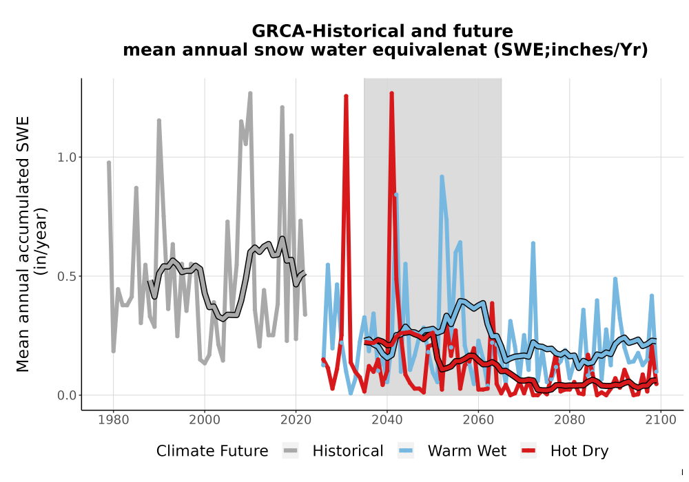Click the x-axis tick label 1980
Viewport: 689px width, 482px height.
(114, 419)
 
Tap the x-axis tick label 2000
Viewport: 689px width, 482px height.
(205, 419)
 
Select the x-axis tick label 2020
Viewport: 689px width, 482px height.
(296, 419)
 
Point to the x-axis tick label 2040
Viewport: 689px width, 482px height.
(387, 419)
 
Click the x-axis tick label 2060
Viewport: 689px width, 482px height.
(478, 419)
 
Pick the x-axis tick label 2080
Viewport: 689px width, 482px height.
(570, 419)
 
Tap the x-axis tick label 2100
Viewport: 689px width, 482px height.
(661, 419)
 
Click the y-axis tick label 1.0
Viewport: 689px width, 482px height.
(67, 157)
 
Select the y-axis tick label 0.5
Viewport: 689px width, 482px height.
(67, 276)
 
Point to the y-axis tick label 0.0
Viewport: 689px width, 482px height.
(67, 395)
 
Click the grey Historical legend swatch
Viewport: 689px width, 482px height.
(291, 451)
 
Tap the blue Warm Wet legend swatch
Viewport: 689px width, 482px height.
(406, 451)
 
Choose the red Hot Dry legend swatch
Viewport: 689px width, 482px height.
(528, 451)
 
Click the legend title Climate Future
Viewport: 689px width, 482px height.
(212, 451)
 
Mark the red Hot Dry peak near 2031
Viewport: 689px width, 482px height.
(347, 96)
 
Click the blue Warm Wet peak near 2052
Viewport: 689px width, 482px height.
(442, 177)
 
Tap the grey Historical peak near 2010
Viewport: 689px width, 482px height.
(251, 94)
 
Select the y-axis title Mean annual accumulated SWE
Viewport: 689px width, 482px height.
(23, 244)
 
